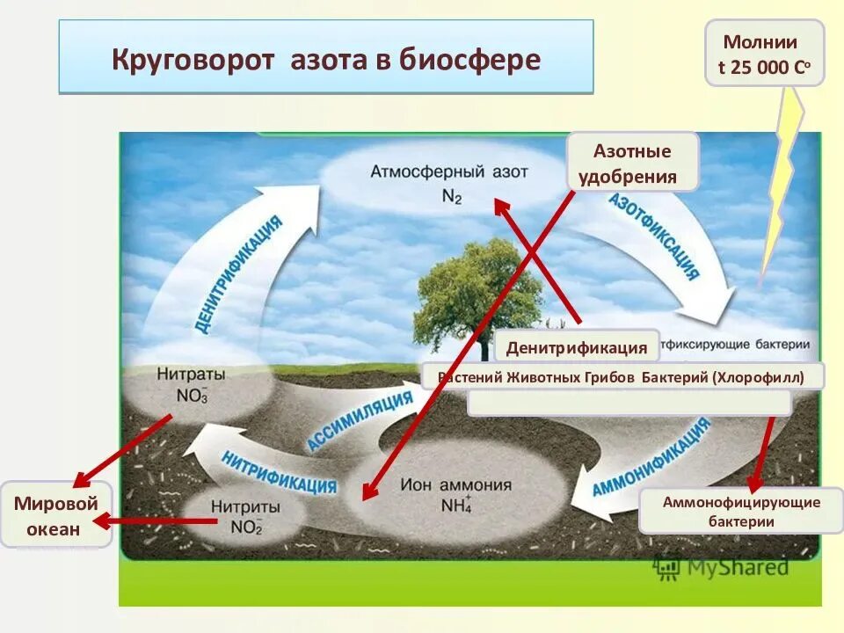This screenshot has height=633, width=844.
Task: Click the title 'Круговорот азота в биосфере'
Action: [x=326, y=60]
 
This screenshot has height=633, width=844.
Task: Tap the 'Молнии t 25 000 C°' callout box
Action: [x=764, y=55]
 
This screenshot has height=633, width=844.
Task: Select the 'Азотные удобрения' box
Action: [x=632, y=163]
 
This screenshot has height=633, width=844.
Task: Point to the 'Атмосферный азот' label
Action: [x=449, y=171]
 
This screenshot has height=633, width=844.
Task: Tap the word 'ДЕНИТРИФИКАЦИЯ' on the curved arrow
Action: [x=240, y=273]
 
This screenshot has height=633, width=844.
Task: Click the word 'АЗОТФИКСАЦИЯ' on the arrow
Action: [x=655, y=235]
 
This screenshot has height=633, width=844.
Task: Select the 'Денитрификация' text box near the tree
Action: [x=577, y=347]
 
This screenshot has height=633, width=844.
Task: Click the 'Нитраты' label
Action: [x=191, y=374]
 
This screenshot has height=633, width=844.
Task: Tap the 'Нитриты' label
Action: [x=246, y=507]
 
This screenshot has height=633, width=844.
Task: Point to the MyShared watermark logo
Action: [x=720, y=566]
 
